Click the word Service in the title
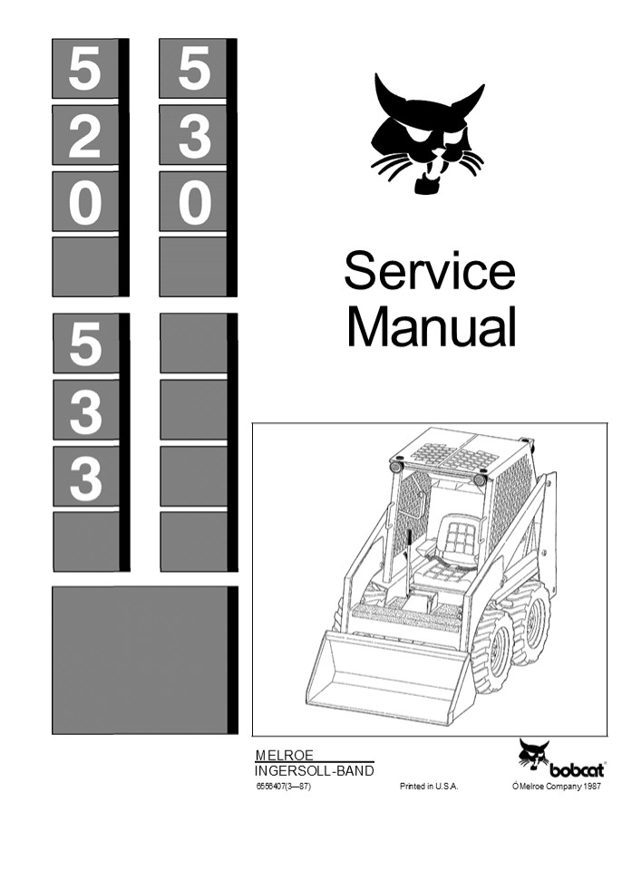429,271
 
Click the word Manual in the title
431,327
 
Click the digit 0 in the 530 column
193,202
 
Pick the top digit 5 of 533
85,343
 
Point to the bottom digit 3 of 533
85,477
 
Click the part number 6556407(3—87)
284,787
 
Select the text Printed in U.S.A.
429,787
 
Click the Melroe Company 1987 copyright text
557,787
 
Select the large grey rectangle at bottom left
140,659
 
